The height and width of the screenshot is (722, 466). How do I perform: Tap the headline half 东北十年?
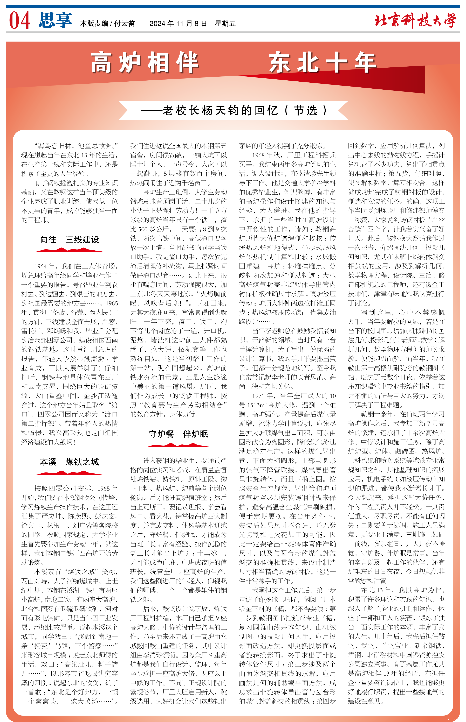click(x=322, y=63)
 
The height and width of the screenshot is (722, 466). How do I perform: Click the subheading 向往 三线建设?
click(x=70, y=240)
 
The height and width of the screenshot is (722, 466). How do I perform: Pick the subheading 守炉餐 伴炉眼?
click(x=179, y=434)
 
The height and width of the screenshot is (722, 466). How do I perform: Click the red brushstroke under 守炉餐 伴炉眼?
click(x=179, y=445)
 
